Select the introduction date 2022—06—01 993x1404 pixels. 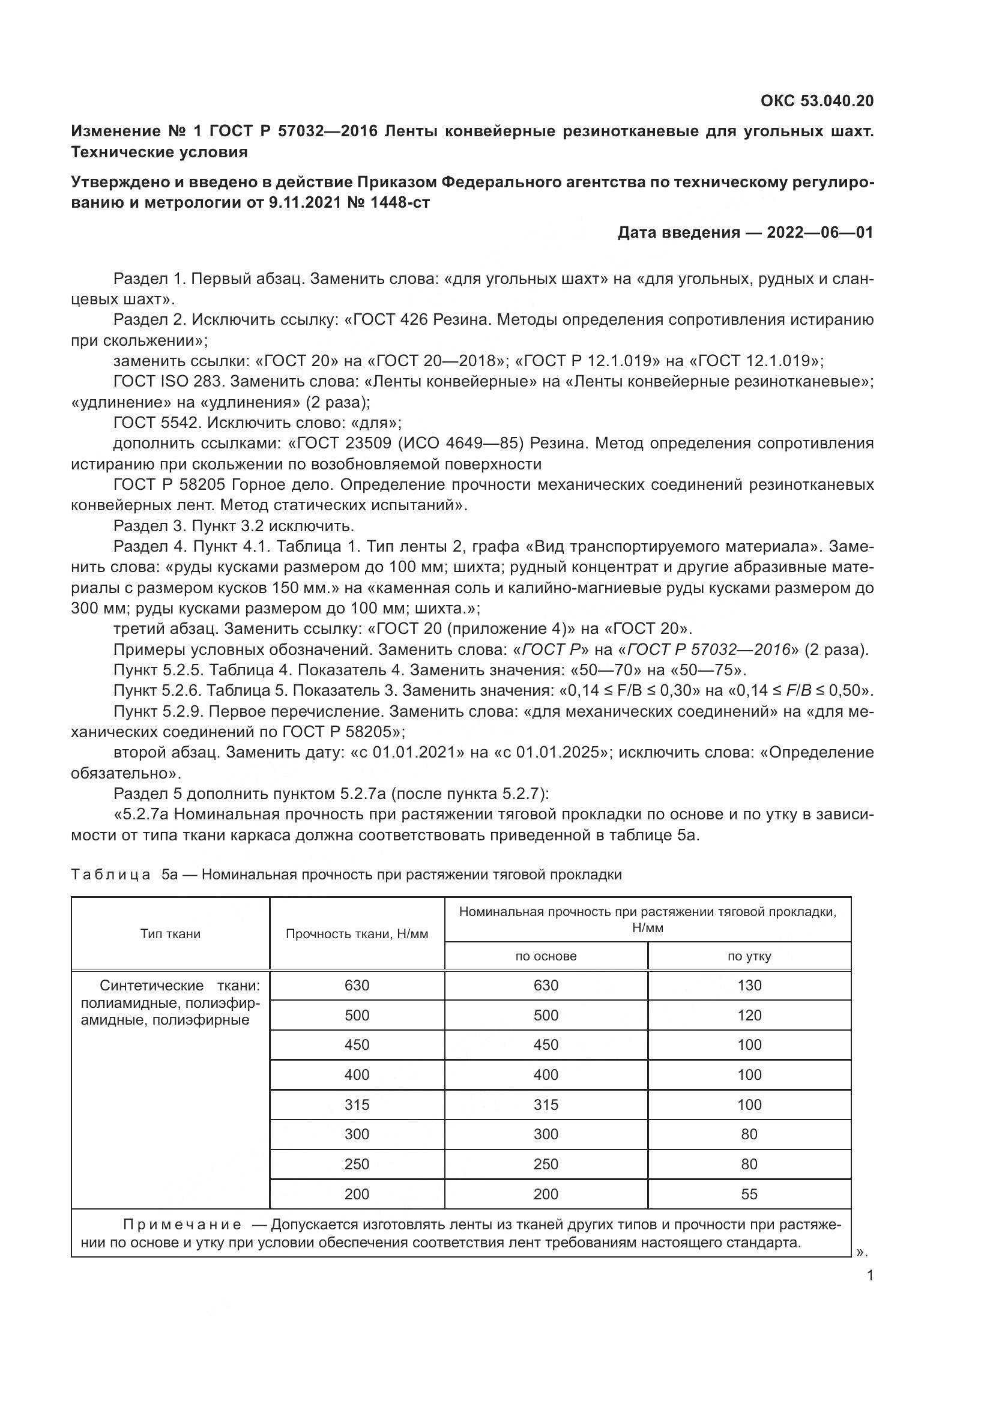tap(819, 232)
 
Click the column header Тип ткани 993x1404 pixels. tap(170, 934)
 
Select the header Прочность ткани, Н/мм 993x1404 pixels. tap(357, 934)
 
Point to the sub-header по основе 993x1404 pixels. tap(545, 956)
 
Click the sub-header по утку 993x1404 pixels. tap(749, 956)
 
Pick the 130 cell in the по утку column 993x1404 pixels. tap(749, 986)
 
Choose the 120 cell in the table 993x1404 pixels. tap(749, 1016)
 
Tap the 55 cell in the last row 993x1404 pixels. tap(749, 1195)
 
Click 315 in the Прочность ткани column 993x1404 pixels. tap(357, 1105)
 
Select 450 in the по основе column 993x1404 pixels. tap(545, 1045)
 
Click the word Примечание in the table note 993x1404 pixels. tap(181, 1225)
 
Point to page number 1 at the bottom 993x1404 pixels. tap(870, 1276)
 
